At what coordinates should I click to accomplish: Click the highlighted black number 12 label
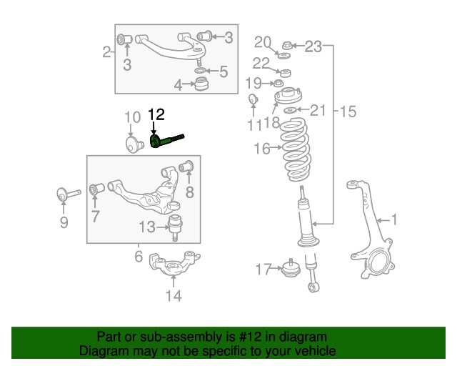[156, 114]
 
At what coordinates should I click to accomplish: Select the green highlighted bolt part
[166, 141]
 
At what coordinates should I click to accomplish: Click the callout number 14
[174, 295]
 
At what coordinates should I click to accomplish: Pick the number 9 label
[64, 223]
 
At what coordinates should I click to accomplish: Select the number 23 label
[314, 47]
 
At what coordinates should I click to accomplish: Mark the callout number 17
[263, 269]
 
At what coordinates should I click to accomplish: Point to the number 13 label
[146, 227]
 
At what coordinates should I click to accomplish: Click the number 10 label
[133, 117]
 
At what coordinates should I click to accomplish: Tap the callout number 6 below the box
[139, 256]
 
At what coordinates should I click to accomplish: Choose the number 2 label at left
[106, 51]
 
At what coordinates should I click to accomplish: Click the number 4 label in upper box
[178, 86]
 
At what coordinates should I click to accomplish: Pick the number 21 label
[318, 110]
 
